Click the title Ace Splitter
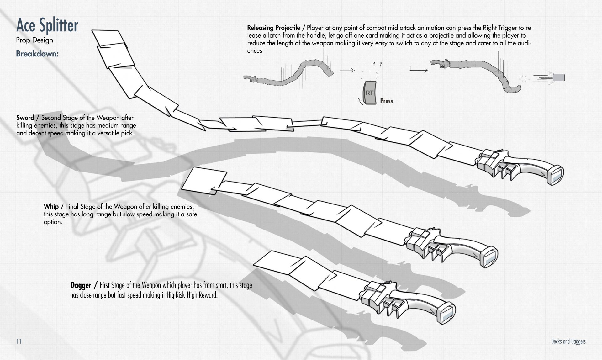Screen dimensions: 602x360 coord(47,25)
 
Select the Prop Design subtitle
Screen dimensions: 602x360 coord(34,40)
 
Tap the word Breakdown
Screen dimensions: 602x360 coord(37,54)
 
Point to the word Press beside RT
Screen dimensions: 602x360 coord(386,101)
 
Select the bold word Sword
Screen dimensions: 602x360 coord(25,118)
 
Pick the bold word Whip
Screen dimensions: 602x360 coord(51,206)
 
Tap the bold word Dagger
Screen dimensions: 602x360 coord(81,285)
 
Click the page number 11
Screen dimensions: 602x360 coord(19,341)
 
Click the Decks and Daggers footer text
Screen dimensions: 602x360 coord(568,341)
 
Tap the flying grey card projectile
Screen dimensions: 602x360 coord(559,77)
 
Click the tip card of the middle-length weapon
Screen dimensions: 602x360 coord(204,180)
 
